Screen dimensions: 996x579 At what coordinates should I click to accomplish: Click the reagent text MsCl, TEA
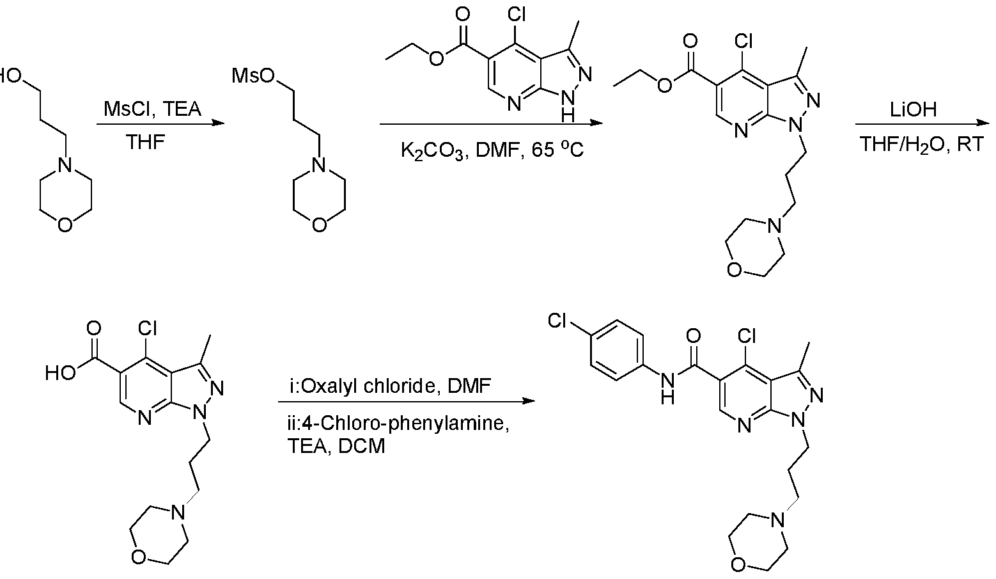pos(152,109)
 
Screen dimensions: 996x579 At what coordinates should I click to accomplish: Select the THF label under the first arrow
pos(145,143)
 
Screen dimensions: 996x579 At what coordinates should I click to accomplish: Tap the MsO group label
pos(253,76)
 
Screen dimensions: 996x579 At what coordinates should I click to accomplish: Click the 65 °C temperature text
pos(557,150)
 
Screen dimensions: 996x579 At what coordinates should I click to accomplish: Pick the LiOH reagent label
pos(914,109)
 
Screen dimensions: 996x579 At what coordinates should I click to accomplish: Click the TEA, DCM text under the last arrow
pos(336,446)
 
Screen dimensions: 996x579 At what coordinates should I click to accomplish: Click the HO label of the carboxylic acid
pos(61,372)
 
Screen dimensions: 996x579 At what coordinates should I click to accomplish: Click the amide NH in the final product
pos(667,388)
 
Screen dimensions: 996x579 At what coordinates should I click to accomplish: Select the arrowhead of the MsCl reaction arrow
pos(219,122)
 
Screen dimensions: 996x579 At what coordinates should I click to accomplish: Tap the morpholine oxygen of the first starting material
pos(65,225)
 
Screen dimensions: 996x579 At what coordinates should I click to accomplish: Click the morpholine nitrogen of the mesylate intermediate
pos(319,166)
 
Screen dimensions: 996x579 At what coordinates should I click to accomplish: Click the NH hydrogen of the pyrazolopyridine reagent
pos(568,116)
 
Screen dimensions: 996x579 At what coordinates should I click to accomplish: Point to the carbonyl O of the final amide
pos(693,335)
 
